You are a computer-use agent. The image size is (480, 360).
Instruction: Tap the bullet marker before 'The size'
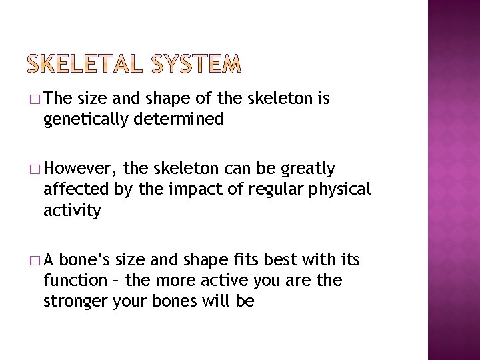click(34, 100)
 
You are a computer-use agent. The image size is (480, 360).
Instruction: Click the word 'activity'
click(72, 211)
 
